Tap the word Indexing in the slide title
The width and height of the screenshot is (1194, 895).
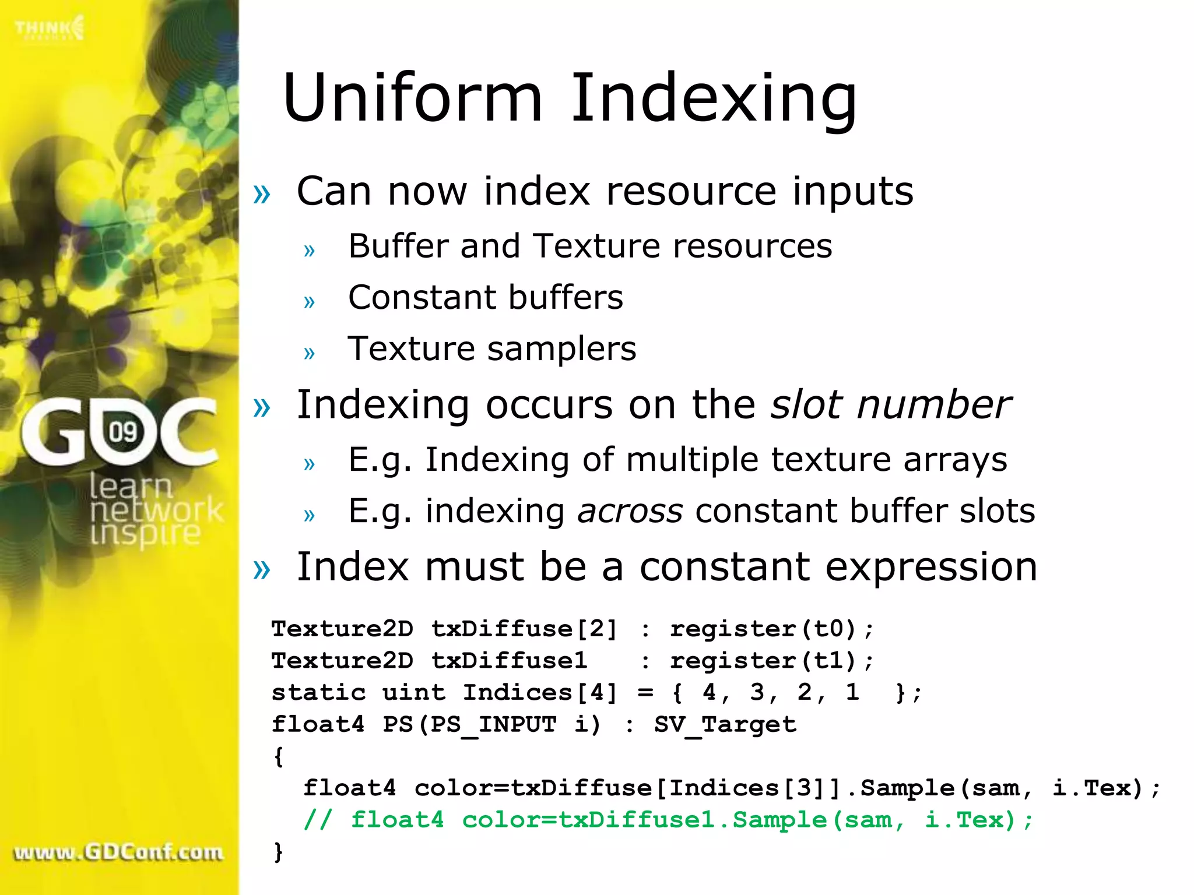click(714, 99)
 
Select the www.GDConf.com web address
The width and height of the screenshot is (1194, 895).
click(118, 852)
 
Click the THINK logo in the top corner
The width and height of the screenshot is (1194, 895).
click(50, 28)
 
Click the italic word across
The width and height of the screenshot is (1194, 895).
click(630, 511)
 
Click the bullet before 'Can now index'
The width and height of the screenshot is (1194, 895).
click(262, 193)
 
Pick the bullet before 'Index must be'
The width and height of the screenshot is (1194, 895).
click(262, 569)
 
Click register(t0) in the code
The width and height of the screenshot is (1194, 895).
click(764, 629)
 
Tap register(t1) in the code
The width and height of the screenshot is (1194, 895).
click(764, 661)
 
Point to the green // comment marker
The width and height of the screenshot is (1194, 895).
click(318, 820)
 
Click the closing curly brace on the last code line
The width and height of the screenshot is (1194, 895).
click(278, 852)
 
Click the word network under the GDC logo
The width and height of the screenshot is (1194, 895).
click(156, 510)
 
